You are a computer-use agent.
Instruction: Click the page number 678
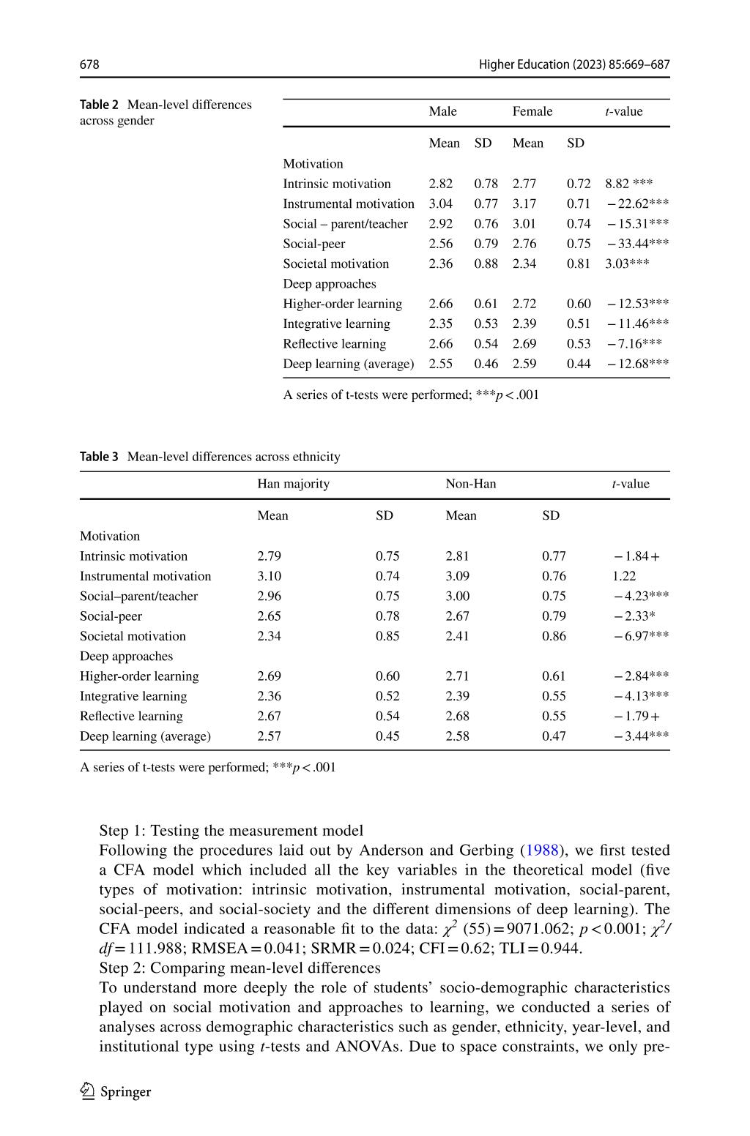pos(89,64)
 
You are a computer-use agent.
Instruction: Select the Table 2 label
pos(99,105)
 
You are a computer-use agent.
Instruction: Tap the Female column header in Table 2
pos(532,111)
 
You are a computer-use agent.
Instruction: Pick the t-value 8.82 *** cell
pos(628,184)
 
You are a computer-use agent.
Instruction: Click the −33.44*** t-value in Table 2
pos(637,244)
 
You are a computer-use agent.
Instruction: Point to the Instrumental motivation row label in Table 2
pos(349,203)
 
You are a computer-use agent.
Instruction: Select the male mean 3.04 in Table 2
pos(441,203)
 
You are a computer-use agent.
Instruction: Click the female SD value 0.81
pos(579,264)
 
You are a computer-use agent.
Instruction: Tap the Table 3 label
pos(99,457)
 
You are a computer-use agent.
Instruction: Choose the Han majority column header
pos(294,484)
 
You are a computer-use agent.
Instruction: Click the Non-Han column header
pos(471,484)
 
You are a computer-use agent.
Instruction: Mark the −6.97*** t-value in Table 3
pos(641,636)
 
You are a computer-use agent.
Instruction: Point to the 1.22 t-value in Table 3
pos(624,576)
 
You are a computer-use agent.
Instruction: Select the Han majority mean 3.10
pos(270,576)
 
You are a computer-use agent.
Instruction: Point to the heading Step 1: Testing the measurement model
pos(231,831)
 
